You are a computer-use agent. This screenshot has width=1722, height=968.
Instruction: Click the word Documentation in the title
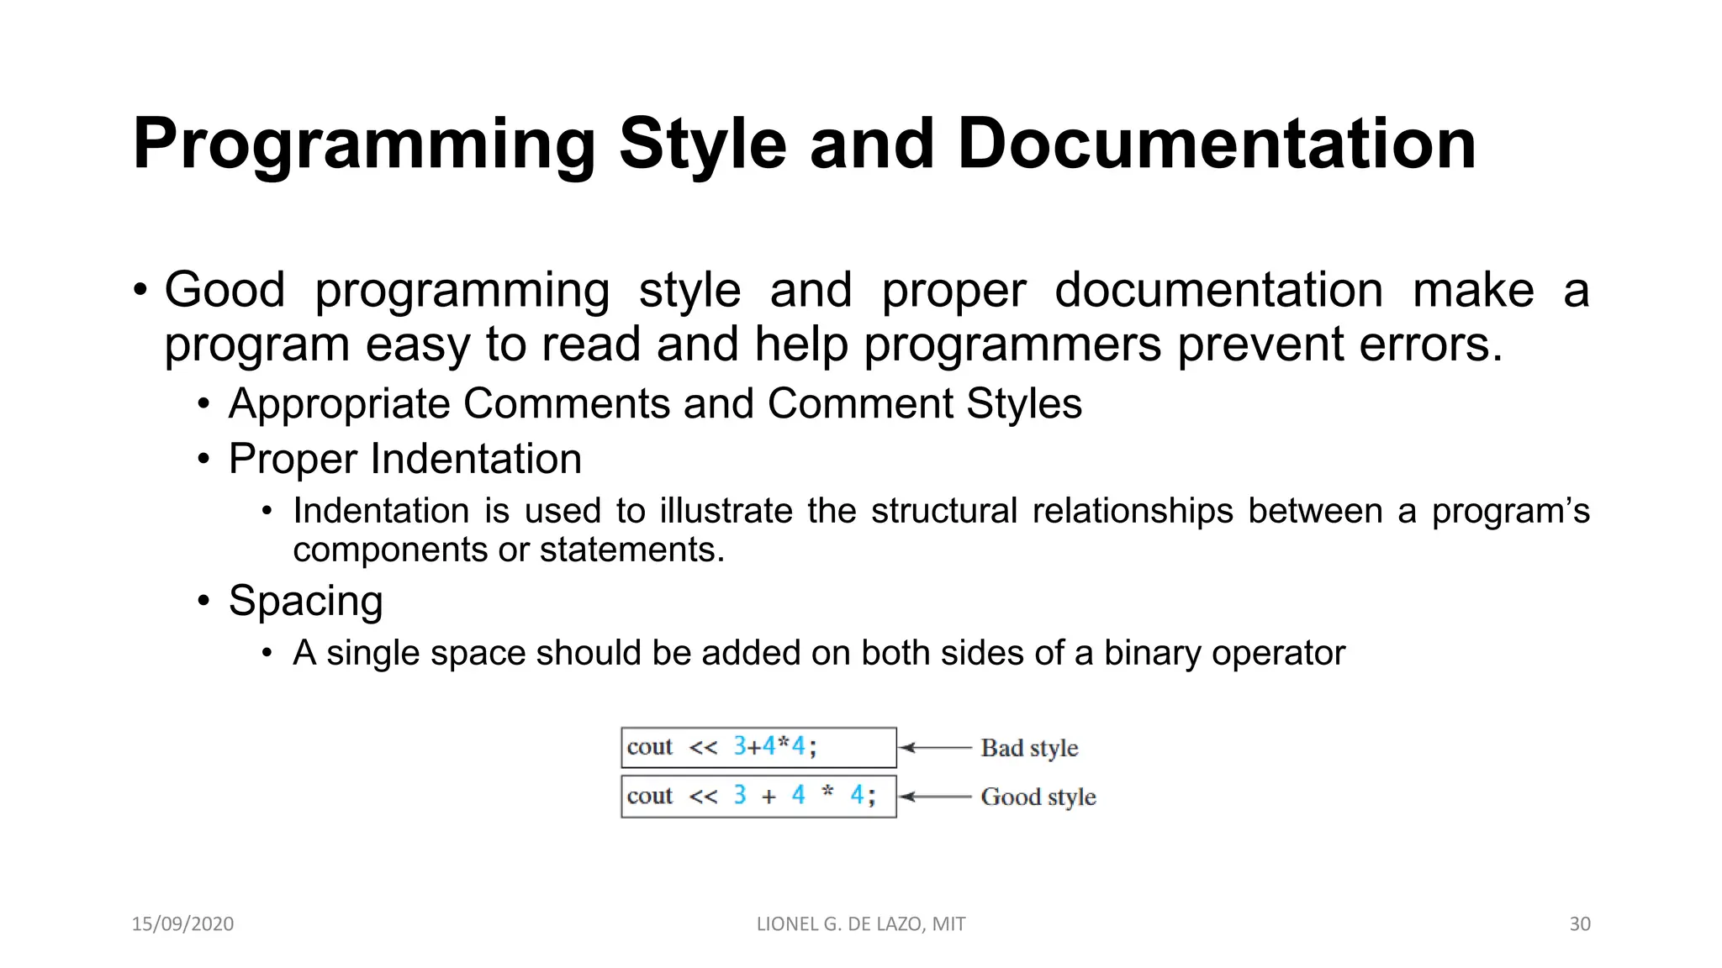tap(1216, 145)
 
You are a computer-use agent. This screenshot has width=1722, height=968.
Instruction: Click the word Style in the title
tap(703, 145)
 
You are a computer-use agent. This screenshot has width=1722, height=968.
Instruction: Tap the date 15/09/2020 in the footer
tap(182, 923)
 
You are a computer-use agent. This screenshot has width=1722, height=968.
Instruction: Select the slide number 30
tap(1579, 923)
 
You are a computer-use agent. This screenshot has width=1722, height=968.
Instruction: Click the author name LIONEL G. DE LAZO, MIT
tap(861, 923)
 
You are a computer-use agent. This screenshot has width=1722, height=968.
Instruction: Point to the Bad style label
tap(1029, 748)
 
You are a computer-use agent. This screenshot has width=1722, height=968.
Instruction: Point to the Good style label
tap(1038, 797)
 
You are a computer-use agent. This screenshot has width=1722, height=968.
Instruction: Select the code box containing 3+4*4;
tap(758, 747)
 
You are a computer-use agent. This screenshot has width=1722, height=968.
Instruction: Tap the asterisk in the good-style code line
tap(827, 792)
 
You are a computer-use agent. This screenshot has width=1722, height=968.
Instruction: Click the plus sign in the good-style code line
tap(769, 796)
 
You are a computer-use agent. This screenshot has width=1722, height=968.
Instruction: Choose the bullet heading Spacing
tap(305, 601)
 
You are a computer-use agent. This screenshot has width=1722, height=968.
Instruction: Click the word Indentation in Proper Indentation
tap(476, 459)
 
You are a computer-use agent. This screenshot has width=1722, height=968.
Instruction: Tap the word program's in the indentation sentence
tap(1510, 512)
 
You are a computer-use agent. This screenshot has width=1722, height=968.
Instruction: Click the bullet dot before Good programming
tap(140, 291)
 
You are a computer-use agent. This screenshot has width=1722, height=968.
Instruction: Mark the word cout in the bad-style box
tap(649, 747)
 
